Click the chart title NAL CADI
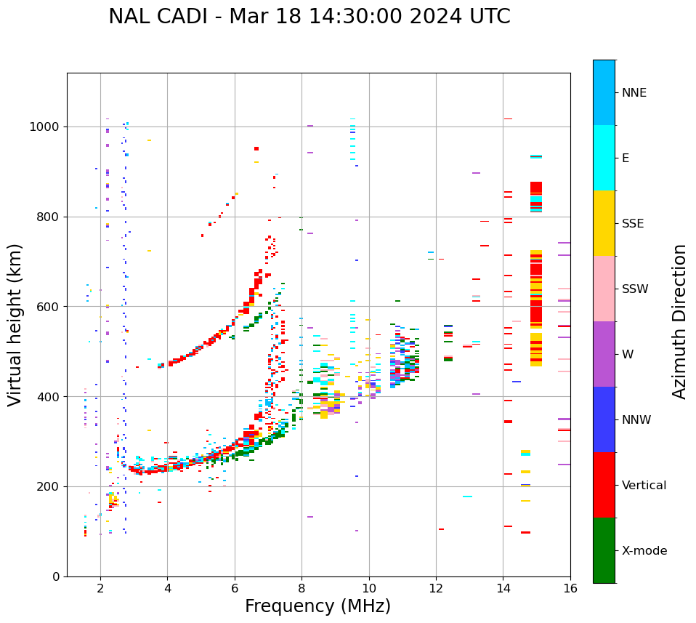tap(309, 17)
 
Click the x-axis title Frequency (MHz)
tap(317, 606)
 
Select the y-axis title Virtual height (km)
tap(15, 324)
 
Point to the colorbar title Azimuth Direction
tap(679, 321)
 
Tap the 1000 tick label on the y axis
tap(45, 126)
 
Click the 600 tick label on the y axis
tap(48, 307)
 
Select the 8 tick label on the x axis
tap(302, 589)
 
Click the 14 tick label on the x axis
tap(503, 589)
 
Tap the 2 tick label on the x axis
tap(100, 589)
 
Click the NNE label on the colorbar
tap(634, 93)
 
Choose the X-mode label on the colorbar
tap(644, 551)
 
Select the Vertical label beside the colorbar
tap(644, 486)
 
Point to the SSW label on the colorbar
tap(635, 289)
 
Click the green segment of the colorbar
tap(604, 550)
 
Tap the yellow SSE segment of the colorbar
tap(604, 223)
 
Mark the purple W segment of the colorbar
tap(604, 354)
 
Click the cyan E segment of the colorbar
tap(604, 158)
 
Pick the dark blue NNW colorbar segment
tap(604, 419)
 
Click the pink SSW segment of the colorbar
tap(604, 289)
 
